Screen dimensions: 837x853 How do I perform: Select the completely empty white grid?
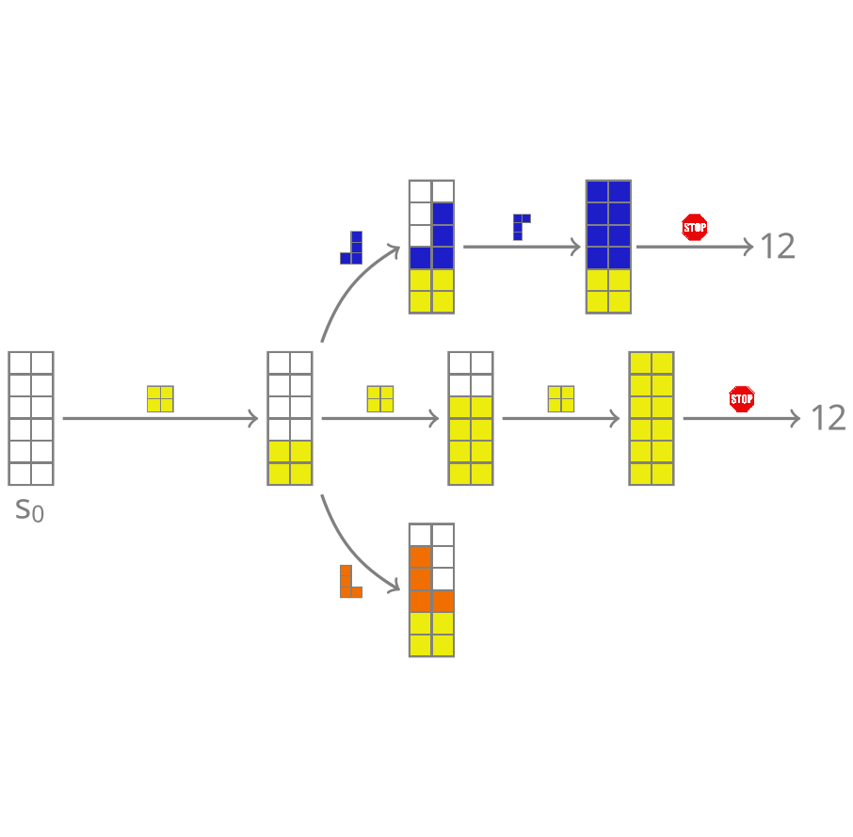[x=31, y=418]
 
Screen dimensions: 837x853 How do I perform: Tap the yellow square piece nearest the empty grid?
[x=160, y=399]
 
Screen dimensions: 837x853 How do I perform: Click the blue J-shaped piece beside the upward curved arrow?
[x=352, y=248]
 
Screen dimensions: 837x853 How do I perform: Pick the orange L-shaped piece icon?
[x=350, y=582]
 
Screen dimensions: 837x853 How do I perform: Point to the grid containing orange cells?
[x=431, y=590]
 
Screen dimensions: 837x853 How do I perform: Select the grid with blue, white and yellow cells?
[x=431, y=247]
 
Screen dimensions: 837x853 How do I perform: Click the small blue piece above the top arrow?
[x=521, y=227]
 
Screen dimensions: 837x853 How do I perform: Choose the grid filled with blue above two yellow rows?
[x=608, y=247]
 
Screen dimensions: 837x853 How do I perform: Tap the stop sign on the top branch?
[x=695, y=227]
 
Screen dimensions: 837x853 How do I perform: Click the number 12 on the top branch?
[x=777, y=247]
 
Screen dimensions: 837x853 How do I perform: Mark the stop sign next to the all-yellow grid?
[x=742, y=399]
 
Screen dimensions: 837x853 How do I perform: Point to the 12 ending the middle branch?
[x=829, y=418]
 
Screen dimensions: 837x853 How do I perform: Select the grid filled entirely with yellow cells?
[x=652, y=418]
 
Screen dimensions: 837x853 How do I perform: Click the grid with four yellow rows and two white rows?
[x=471, y=418]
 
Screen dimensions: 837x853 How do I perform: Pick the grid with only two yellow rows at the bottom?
[x=290, y=418]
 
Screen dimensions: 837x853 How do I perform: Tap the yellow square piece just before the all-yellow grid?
[x=561, y=399]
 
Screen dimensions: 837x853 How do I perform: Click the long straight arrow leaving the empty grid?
[x=160, y=418]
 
